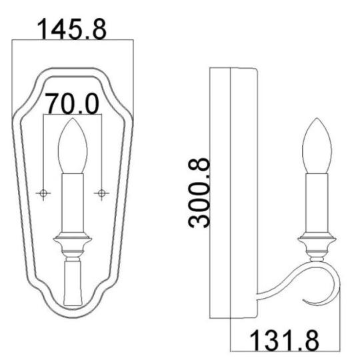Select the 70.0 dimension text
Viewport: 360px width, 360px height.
(72, 104)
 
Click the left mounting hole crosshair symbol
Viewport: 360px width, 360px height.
(44, 193)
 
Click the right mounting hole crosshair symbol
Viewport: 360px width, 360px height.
(101, 193)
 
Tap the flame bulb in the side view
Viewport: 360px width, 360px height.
(317, 147)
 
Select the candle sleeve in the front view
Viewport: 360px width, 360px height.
(72, 203)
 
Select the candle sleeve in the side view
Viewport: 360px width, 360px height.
(317, 203)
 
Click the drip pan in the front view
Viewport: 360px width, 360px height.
(72, 239)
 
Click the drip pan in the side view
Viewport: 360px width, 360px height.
(317, 239)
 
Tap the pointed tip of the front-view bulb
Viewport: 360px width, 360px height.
(72, 121)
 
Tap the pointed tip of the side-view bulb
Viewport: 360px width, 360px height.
(317, 121)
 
